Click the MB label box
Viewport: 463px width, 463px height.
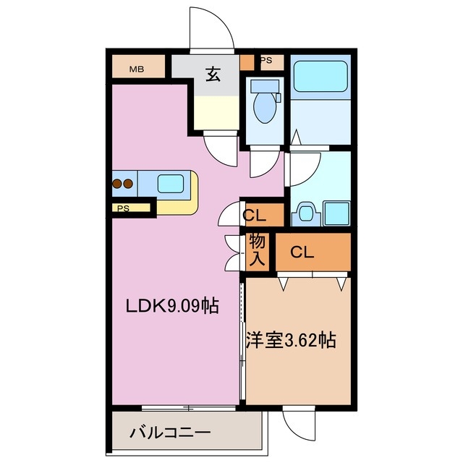pyautogui.click(x=137, y=69)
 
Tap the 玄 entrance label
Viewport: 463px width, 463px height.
pyautogui.click(x=213, y=74)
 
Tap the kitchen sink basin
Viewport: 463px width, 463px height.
pyautogui.click(x=171, y=183)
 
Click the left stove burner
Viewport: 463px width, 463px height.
pyautogui.click(x=117, y=184)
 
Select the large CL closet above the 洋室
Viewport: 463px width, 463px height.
pyautogui.click(x=303, y=252)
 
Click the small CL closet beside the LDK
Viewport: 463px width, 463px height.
pyautogui.click(x=254, y=215)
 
